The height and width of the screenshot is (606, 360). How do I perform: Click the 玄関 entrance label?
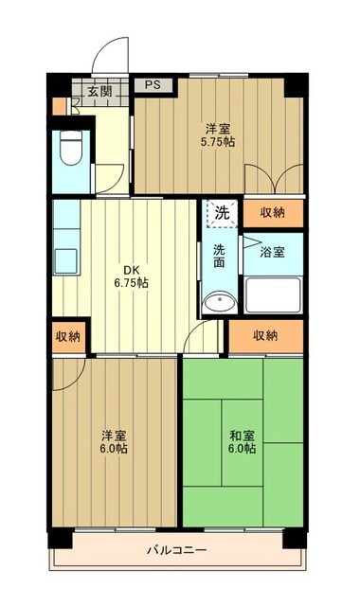(99, 91)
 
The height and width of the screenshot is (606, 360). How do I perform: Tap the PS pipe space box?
(153, 84)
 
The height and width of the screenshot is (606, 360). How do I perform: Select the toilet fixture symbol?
(70, 149)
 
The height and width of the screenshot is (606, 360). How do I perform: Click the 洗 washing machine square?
(220, 213)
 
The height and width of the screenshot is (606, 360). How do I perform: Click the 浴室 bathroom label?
(275, 254)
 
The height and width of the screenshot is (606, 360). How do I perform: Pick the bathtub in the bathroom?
(274, 295)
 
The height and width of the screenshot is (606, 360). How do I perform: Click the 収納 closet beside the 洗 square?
(274, 213)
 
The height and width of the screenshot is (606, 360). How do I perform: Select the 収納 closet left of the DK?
(67, 336)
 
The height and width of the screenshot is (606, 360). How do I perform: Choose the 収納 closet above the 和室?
(266, 335)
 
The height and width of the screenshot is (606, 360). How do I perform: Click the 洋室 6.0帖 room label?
(115, 441)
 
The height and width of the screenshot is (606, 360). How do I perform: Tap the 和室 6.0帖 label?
(242, 441)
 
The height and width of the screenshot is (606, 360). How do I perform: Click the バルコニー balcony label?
(176, 550)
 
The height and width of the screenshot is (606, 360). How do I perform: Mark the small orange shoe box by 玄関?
(60, 103)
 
